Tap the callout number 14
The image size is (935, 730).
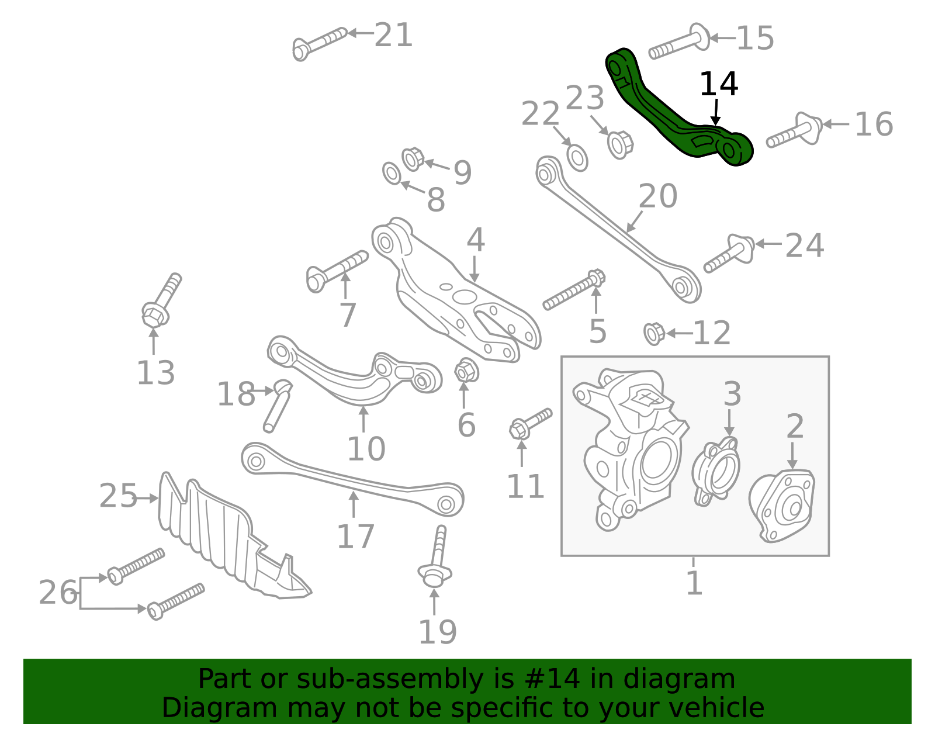click(718, 84)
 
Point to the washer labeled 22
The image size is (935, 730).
click(577, 157)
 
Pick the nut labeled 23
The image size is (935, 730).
click(619, 144)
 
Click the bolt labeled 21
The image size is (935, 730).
click(319, 42)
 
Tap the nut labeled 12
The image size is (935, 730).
click(653, 333)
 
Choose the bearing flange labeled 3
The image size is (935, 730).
click(715, 471)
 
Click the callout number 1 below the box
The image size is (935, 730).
click(694, 583)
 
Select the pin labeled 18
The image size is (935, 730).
click(277, 406)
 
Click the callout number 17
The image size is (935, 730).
click(355, 537)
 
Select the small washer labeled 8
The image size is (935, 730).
click(392, 174)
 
